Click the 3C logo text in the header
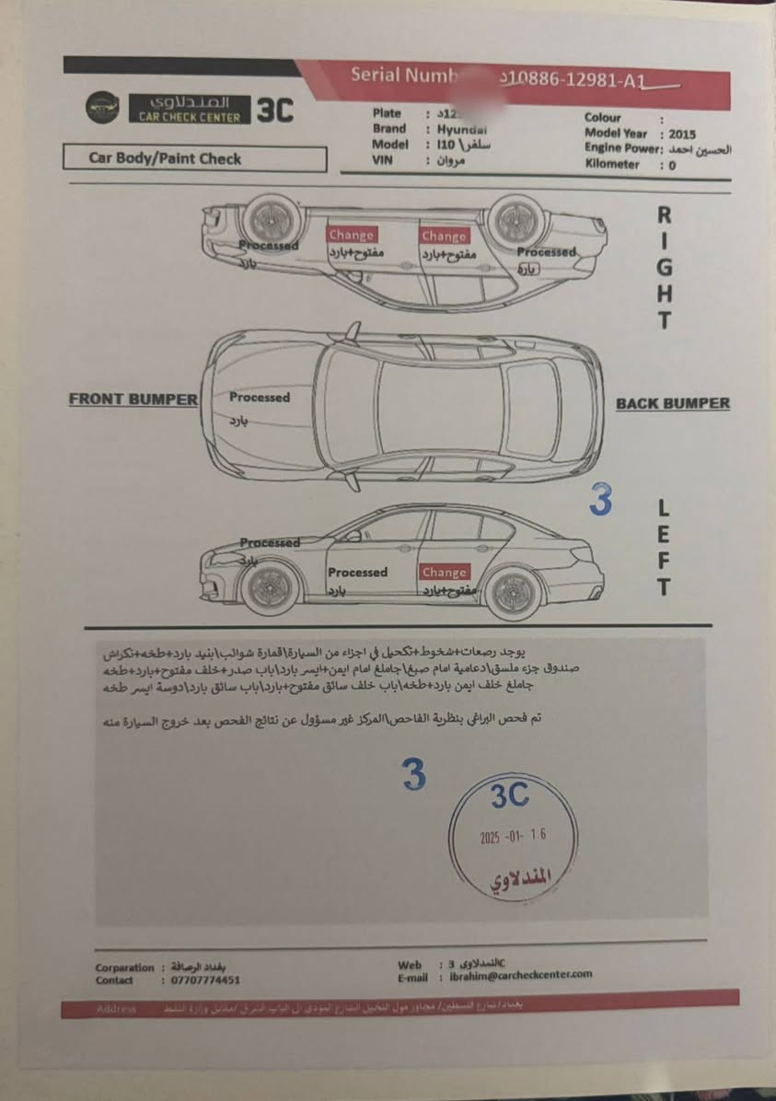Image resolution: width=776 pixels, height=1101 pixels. click(273, 110)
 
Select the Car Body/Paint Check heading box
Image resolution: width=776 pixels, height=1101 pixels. click(194, 158)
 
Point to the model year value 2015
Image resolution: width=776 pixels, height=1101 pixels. click(683, 133)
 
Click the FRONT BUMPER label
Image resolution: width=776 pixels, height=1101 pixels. click(133, 400)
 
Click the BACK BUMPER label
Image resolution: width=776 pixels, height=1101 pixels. click(672, 403)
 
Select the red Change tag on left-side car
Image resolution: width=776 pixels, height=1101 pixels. click(445, 572)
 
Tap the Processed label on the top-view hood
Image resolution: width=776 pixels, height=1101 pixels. click(260, 398)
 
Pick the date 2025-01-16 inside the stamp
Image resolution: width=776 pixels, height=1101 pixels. click(513, 838)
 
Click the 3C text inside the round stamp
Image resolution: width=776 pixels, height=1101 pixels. click(509, 796)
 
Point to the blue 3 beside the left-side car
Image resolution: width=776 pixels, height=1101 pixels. click(600, 500)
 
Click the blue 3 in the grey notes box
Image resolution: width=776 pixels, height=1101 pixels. click(414, 775)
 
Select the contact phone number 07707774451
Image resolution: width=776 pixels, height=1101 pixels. click(205, 981)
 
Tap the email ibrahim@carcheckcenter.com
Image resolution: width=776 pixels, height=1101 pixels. click(521, 975)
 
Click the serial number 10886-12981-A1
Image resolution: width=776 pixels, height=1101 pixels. click(577, 82)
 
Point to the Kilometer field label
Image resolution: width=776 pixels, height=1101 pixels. click(611, 164)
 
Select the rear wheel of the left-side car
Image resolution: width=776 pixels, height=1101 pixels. click(514, 590)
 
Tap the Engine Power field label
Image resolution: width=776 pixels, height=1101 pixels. click(623, 148)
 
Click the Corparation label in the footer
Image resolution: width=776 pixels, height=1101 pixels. click(125, 968)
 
